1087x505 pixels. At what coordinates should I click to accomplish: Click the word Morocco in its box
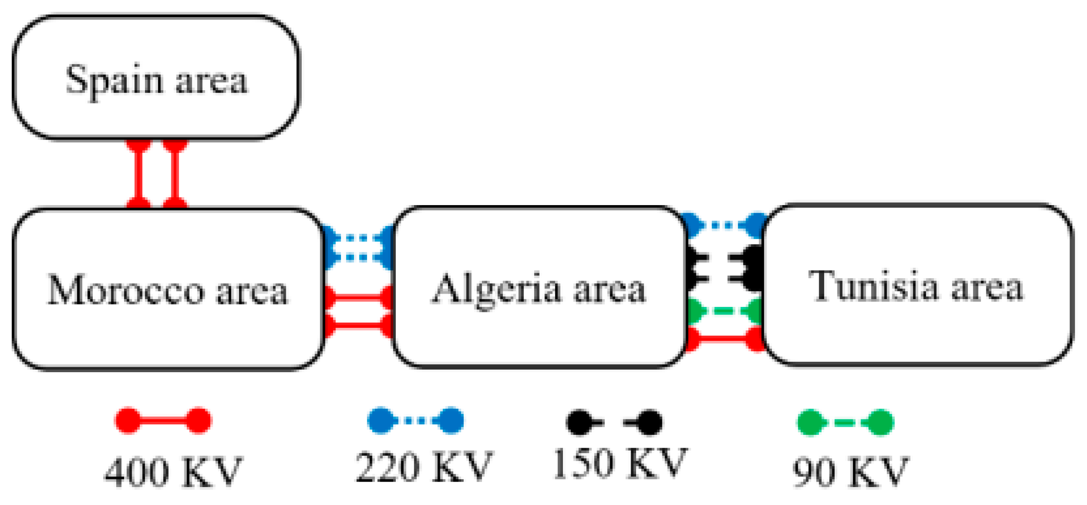126,290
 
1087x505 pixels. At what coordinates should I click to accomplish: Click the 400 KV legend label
173,472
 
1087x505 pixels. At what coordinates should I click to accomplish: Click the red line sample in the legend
163,420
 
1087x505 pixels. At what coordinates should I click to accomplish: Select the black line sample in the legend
614,422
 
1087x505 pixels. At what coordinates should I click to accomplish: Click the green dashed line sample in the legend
845,422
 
